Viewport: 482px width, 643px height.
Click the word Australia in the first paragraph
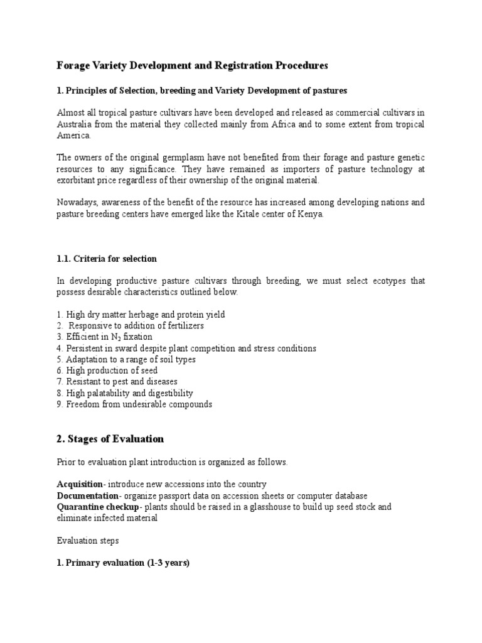pos(73,124)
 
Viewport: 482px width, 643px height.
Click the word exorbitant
pos(81,180)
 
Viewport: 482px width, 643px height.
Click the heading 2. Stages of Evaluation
pos(110,439)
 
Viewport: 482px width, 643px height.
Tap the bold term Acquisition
pos(80,484)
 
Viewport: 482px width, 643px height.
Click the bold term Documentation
pos(84,495)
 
